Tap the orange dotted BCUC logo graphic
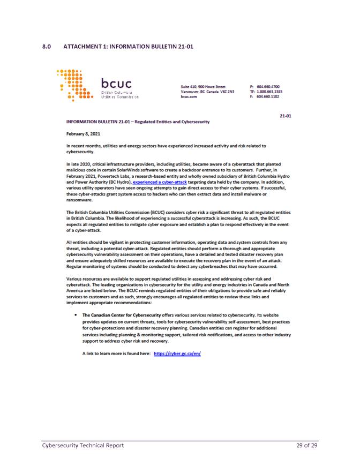click(x=76, y=85)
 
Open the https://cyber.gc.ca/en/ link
click(x=177, y=355)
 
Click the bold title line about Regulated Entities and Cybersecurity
click(x=137, y=123)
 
